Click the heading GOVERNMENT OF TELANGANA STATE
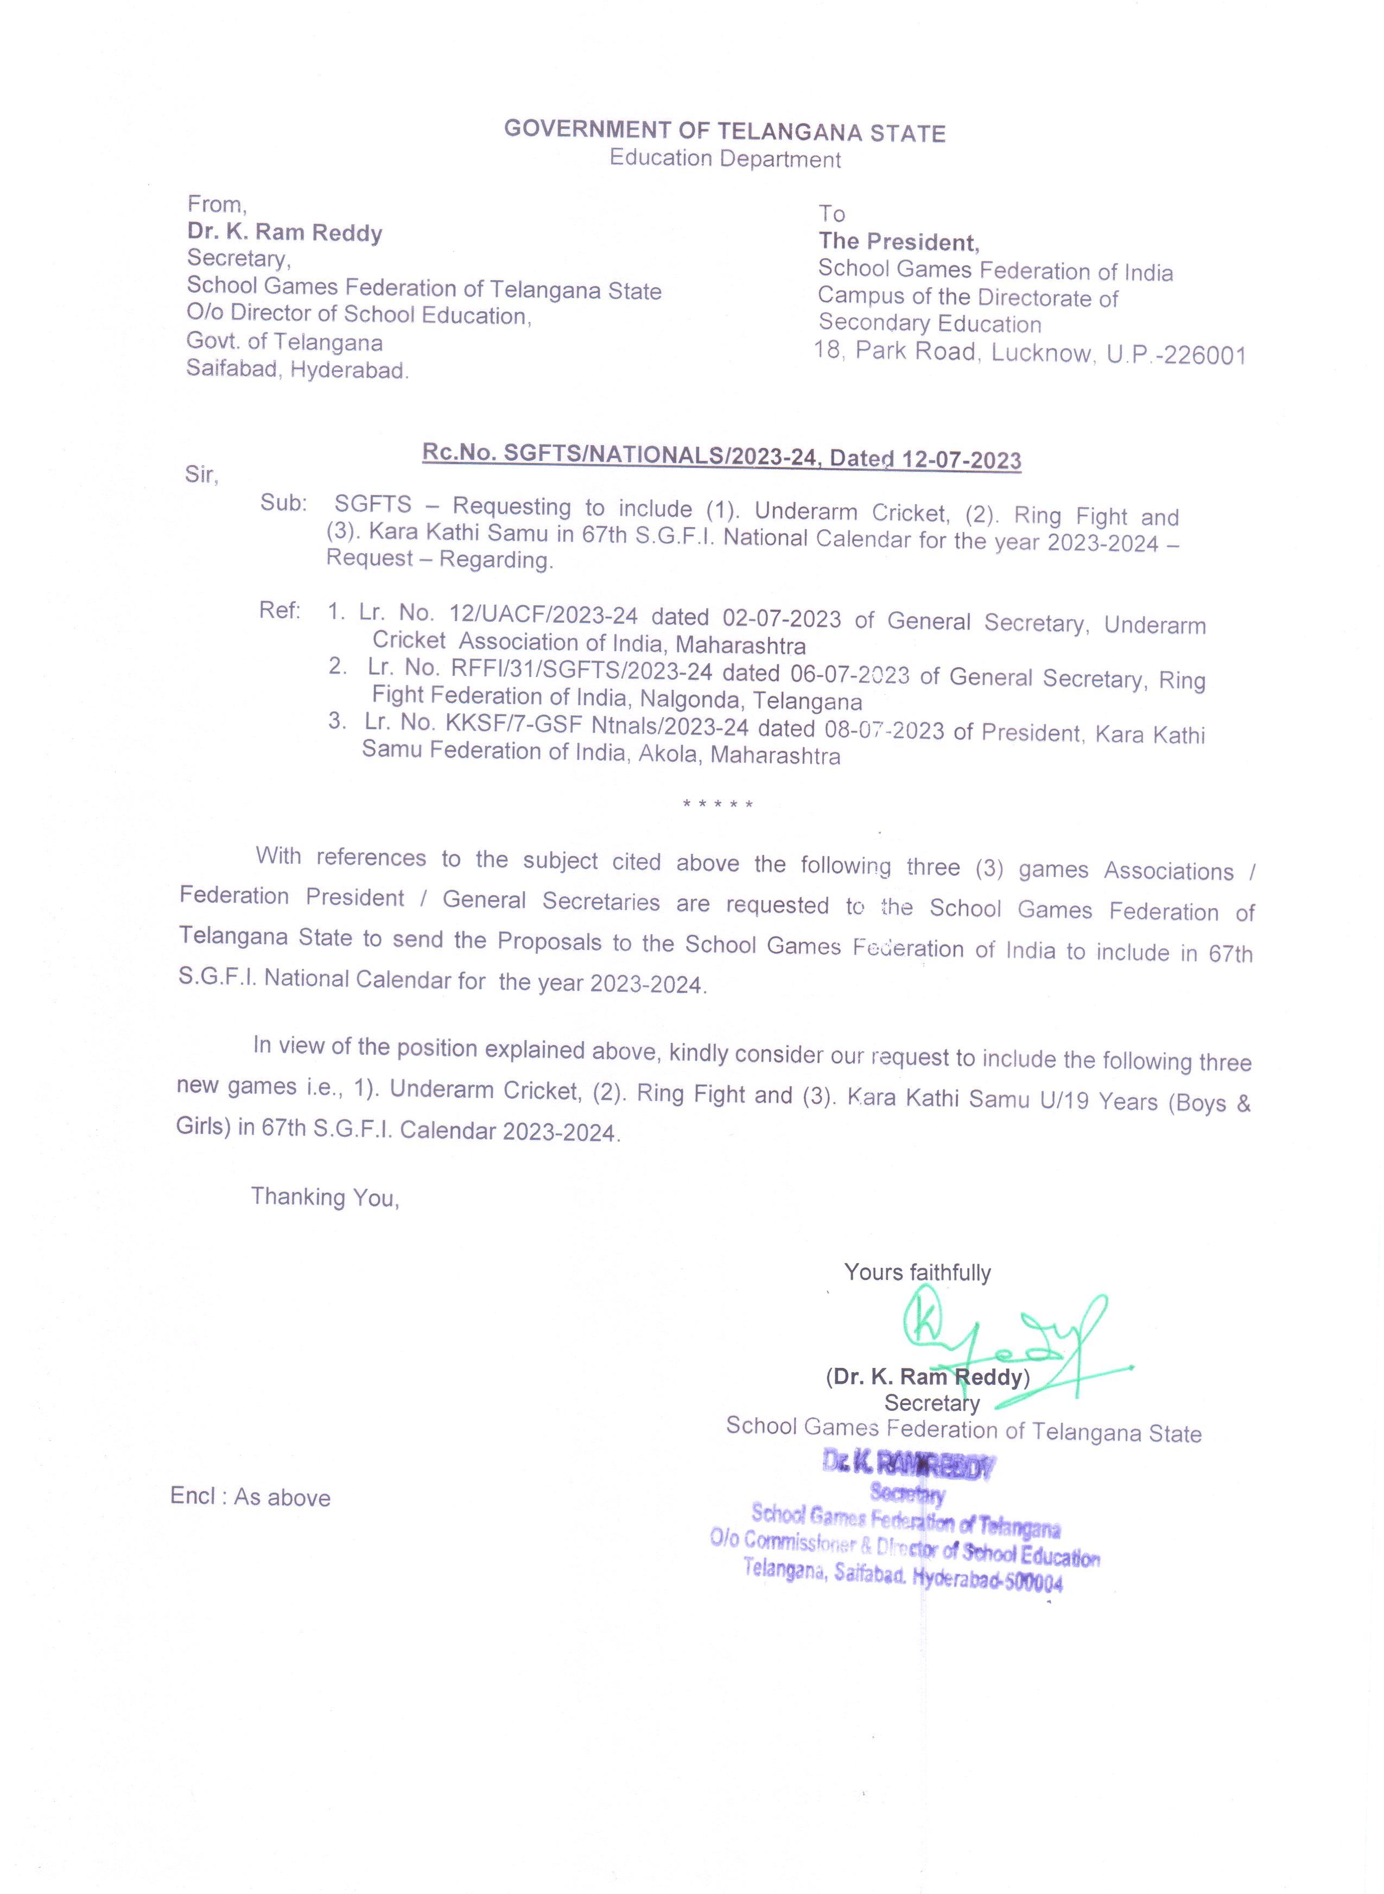click(724, 131)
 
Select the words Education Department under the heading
click(725, 159)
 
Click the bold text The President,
click(898, 242)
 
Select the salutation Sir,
click(201, 475)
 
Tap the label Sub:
click(283, 503)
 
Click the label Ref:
click(279, 611)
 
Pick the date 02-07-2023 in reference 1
click(781, 618)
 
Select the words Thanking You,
click(325, 1197)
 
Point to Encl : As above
click(251, 1497)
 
